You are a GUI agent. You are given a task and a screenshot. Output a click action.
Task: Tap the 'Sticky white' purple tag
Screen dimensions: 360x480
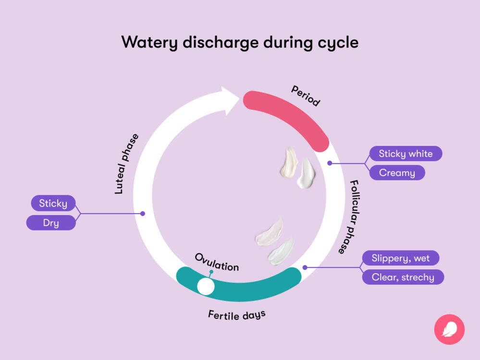(x=406, y=154)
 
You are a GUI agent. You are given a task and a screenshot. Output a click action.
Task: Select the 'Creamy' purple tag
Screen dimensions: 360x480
(x=397, y=173)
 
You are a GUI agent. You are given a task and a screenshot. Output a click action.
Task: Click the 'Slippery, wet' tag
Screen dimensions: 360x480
(x=400, y=258)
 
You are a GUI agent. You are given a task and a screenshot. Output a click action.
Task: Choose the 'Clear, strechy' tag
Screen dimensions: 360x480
(x=403, y=277)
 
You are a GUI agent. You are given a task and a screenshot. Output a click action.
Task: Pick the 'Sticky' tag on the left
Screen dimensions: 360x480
(x=53, y=203)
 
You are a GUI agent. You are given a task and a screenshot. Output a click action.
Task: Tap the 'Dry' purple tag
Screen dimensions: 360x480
(x=51, y=223)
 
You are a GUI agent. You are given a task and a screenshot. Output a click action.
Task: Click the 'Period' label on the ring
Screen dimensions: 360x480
(x=305, y=96)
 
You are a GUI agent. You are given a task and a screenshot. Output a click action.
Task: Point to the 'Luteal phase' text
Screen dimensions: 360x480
(x=126, y=164)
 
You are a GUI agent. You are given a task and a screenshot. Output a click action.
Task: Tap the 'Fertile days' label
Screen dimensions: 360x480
(x=236, y=315)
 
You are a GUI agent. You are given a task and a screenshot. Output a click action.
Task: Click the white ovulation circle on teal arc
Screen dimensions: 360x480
(x=206, y=286)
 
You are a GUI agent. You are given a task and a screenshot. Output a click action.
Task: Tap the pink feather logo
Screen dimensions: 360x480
(x=449, y=329)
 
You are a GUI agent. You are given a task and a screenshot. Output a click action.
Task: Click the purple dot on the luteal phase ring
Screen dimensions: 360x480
(x=142, y=213)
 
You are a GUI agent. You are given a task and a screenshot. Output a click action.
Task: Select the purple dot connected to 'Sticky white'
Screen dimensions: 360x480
(x=330, y=163)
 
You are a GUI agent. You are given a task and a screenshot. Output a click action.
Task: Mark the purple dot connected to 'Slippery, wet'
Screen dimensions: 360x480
(x=304, y=267)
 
